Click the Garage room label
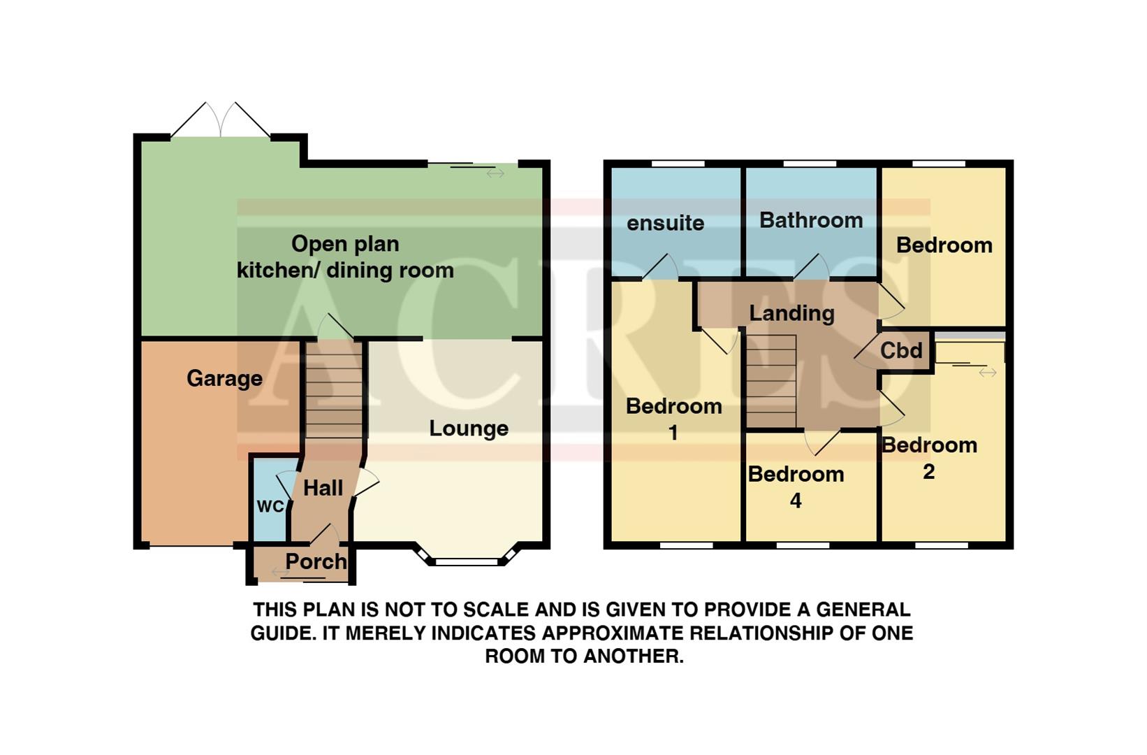(224, 379)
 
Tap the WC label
(270, 506)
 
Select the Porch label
(316, 561)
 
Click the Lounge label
(468, 429)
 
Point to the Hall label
(323, 488)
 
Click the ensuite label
(665, 223)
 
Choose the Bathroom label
(811, 220)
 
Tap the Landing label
(791, 313)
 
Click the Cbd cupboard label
(900, 350)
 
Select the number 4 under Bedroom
(796, 501)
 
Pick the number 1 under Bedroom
(673, 433)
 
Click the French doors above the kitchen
(221, 120)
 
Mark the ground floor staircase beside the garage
(334, 395)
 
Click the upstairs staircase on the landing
(771, 381)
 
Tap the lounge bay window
(467, 560)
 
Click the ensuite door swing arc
(661, 266)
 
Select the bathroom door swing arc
(812, 266)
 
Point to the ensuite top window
(678, 164)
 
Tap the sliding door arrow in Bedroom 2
(987, 373)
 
